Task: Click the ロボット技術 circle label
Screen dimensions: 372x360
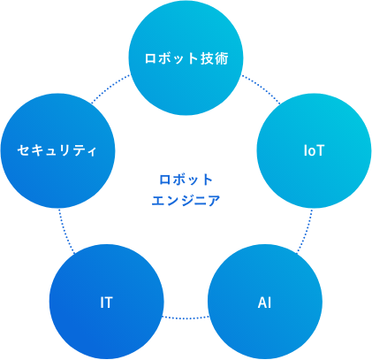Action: click(186, 58)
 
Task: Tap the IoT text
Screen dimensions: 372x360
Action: click(314, 150)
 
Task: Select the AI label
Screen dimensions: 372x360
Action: click(264, 303)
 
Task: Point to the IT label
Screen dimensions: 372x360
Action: click(106, 303)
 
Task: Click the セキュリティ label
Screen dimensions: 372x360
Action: click(57, 150)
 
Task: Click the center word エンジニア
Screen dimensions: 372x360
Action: click(186, 201)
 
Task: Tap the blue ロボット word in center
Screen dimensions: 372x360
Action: click(186, 180)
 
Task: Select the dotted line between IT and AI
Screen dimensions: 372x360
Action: click(186, 318)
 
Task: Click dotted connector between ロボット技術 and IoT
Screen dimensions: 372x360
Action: click(262, 88)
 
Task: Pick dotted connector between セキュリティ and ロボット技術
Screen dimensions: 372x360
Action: click(110, 88)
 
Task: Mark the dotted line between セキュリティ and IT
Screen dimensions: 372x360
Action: click(65, 232)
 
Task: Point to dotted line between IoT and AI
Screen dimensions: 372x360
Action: click(306, 231)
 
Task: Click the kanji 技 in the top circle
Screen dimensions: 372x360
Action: click(208, 58)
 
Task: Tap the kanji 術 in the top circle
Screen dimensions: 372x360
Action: click(222, 58)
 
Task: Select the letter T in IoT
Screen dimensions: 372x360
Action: click(320, 150)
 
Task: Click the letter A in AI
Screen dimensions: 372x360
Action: click(262, 303)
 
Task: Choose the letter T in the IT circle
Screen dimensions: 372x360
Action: click(109, 303)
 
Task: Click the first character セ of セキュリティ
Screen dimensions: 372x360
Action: click(23, 150)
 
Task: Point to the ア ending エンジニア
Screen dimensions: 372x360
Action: click(214, 201)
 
